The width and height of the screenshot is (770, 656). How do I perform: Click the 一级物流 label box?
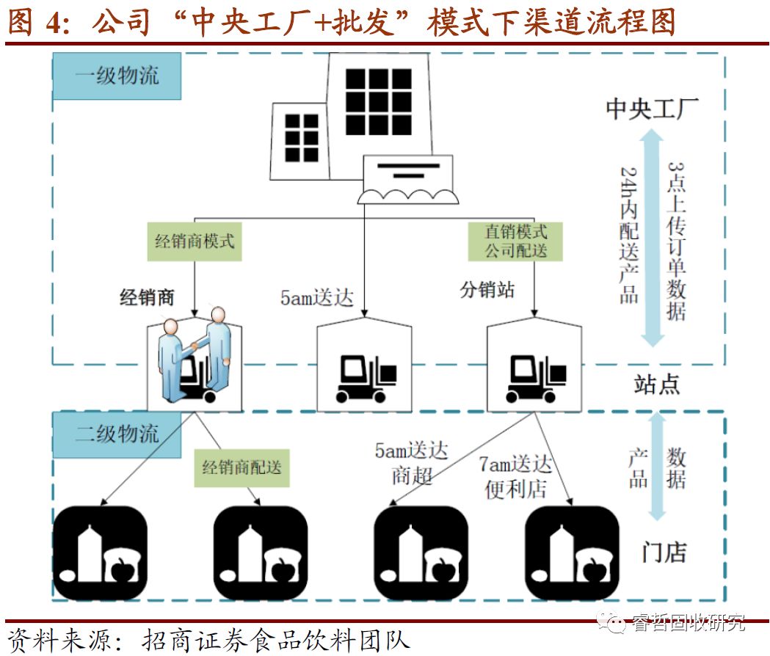[x=117, y=76]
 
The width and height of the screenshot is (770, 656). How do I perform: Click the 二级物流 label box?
[x=117, y=433]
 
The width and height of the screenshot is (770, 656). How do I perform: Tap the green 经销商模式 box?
[x=195, y=241]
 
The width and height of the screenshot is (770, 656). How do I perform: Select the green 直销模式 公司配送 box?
[x=515, y=241]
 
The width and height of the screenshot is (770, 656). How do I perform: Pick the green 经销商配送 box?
[x=241, y=467]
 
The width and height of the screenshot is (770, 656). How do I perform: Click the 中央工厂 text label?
[x=652, y=109]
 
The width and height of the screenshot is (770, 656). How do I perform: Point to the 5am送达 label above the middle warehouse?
[x=316, y=298]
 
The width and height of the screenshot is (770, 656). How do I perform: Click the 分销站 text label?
[x=487, y=289]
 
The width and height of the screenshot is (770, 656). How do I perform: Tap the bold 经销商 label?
[x=147, y=297]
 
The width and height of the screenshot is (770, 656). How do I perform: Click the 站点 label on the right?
[x=656, y=384]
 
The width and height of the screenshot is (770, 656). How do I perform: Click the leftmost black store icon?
[x=101, y=552]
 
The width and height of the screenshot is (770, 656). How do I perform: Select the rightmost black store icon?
[x=573, y=552]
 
